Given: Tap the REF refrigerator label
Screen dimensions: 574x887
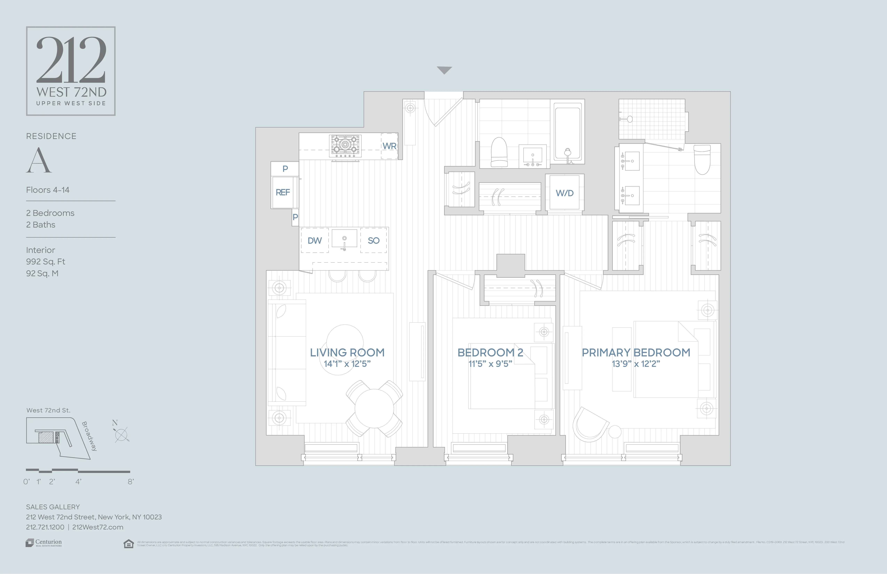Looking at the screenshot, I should tap(282, 192).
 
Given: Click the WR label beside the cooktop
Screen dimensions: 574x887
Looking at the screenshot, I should tap(389, 146).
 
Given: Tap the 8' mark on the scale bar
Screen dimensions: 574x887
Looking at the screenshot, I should tap(130, 482).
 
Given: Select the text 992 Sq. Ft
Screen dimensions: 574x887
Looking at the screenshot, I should tap(45, 262).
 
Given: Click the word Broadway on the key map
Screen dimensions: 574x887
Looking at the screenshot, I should tap(89, 436).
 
